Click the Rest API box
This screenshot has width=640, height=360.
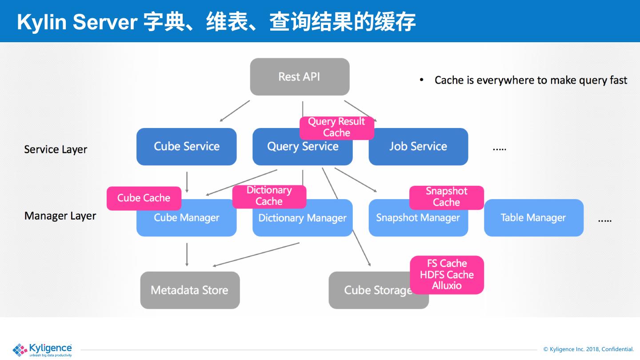click(x=300, y=76)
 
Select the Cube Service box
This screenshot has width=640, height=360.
click(x=186, y=147)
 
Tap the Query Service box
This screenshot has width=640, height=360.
click(x=284, y=151)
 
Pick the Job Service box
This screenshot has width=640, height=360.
click(x=418, y=147)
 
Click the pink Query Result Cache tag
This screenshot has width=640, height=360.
click(x=336, y=127)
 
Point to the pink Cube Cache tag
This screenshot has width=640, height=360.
click(x=144, y=198)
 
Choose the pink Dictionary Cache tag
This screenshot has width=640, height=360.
click(x=269, y=196)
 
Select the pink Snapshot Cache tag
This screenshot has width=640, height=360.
click(x=446, y=197)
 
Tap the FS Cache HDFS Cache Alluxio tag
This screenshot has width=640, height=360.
click(x=447, y=275)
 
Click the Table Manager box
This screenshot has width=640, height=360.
click(x=533, y=218)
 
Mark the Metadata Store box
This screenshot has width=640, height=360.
click(x=190, y=290)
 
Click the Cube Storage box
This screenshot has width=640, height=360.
click(x=373, y=291)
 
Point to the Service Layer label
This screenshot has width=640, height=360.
click(x=56, y=149)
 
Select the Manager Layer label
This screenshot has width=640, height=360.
click(x=60, y=216)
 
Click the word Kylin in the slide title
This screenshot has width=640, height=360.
click(x=43, y=22)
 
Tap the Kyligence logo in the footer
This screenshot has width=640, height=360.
click(x=42, y=349)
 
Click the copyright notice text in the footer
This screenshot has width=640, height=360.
click(x=588, y=349)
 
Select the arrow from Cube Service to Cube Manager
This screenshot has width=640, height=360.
click(x=187, y=182)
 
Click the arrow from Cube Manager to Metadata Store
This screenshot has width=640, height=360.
click(x=187, y=254)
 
